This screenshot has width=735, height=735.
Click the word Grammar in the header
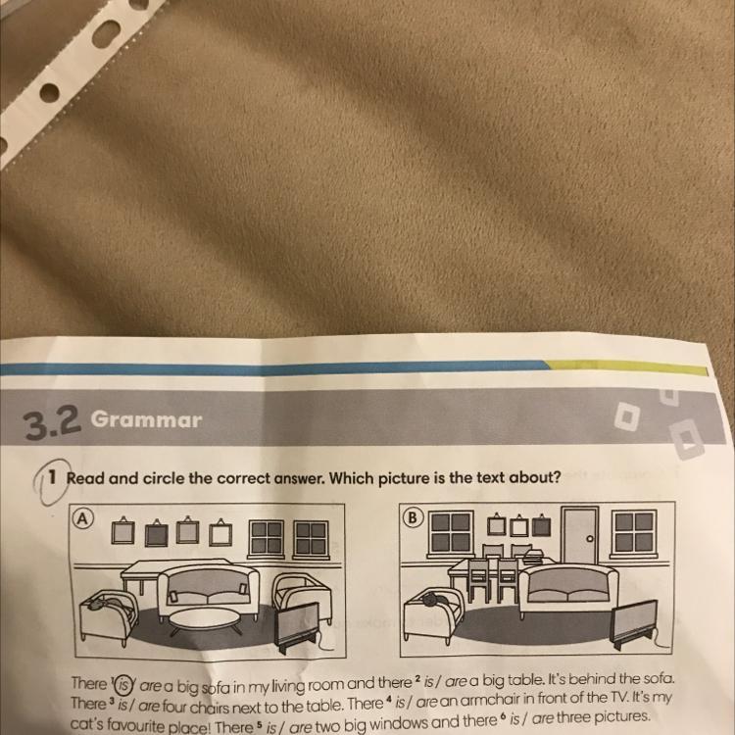146,419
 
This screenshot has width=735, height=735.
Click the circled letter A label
83,518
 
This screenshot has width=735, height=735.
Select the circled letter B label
413,517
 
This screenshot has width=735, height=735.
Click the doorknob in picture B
590,539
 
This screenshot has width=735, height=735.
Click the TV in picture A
298,626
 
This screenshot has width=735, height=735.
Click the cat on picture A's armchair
106,601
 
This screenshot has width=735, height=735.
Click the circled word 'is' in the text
123,684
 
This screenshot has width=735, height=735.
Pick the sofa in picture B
568,590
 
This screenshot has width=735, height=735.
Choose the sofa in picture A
209,590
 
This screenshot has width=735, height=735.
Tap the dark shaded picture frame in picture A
156,534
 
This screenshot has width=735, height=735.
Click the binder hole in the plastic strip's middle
49,92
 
